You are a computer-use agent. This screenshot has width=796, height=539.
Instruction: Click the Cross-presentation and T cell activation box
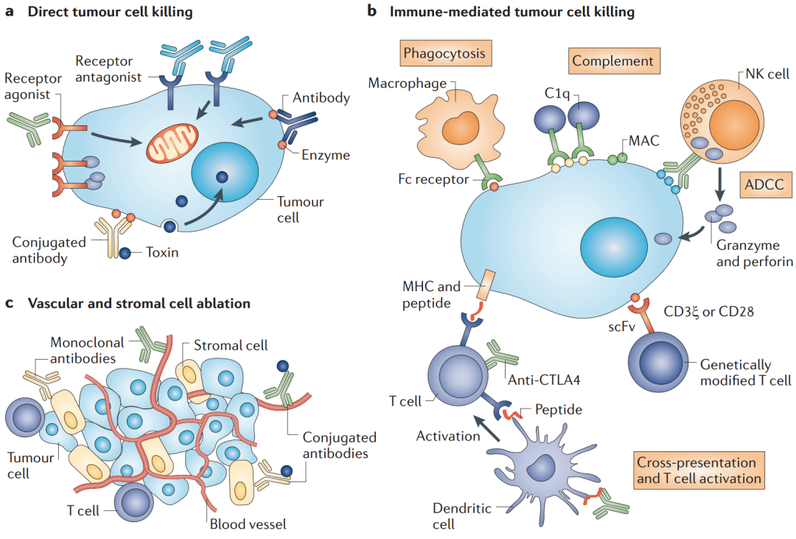point(696,470)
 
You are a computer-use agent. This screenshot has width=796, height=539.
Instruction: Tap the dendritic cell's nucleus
point(545,466)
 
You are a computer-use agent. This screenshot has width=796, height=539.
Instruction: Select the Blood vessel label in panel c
point(248,524)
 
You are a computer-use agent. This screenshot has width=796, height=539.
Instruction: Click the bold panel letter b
point(372,12)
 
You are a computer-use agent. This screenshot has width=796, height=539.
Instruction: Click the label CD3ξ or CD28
point(709,310)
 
